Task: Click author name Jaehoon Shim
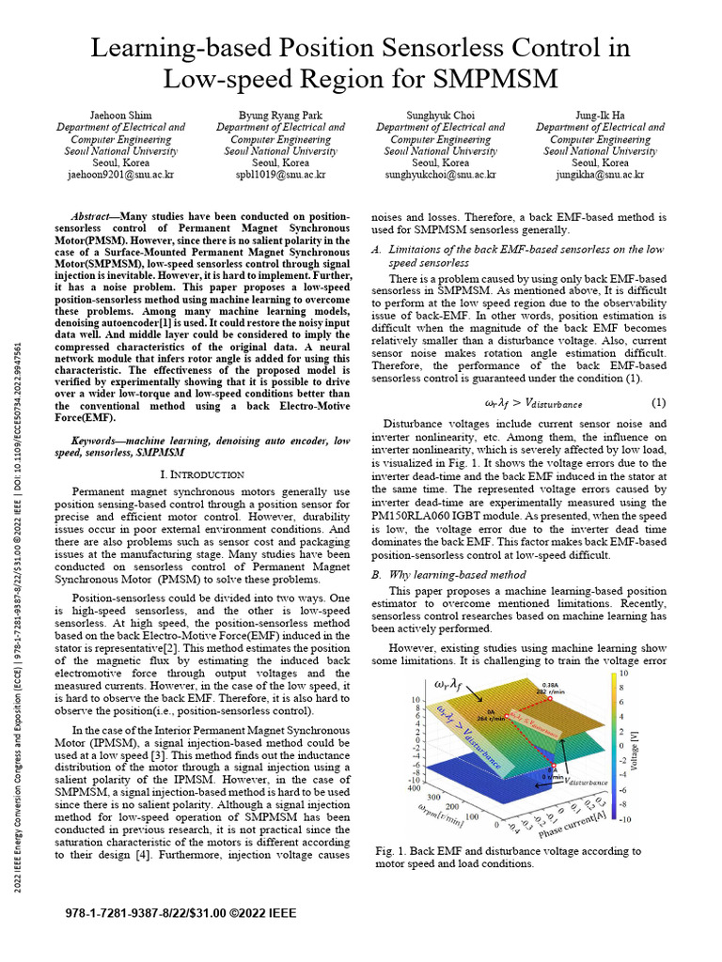[x=120, y=115]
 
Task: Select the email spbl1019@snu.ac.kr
[x=280, y=175]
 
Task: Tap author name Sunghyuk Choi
[x=440, y=115]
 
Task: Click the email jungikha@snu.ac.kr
[x=600, y=175]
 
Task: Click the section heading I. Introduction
[x=204, y=474]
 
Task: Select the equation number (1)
[x=658, y=403]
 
